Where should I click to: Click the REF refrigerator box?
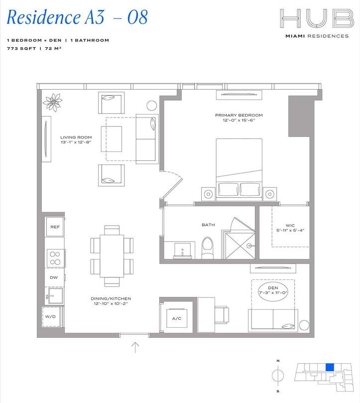pos(55,227)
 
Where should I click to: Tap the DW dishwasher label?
pos(53,277)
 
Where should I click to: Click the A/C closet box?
pos(176,318)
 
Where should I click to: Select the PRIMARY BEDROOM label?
pos(239,116)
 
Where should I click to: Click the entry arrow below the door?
pos(134,347)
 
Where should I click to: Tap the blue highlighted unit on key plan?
pos(329,367)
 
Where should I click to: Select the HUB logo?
pos(313,20)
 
